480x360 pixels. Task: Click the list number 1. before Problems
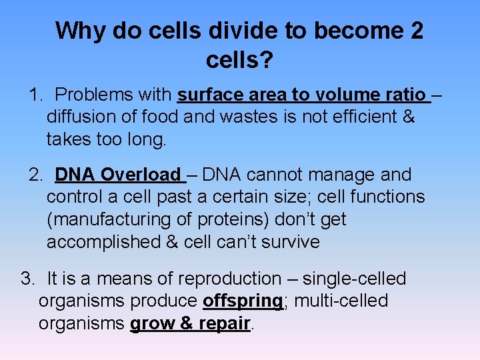point(36,95)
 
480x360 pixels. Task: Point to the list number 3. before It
point(28,279)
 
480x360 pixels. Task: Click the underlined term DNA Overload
point(118,175)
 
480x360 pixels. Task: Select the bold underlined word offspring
point(243,301)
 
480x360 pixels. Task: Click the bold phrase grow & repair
point(190,324)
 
